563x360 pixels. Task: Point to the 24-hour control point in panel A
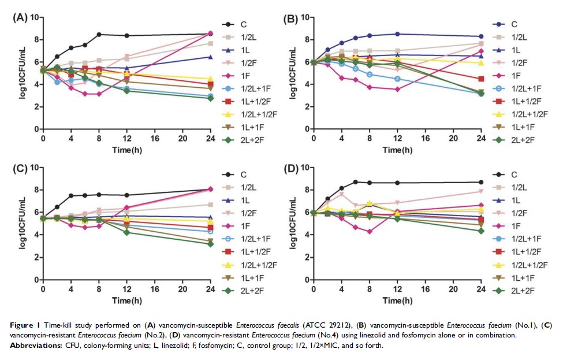tap(210, 34)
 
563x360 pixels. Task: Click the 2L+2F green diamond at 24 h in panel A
tap(210, 98)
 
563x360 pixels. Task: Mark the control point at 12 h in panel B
tap(398, 34)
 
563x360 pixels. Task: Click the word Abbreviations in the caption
tap(36, 345)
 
